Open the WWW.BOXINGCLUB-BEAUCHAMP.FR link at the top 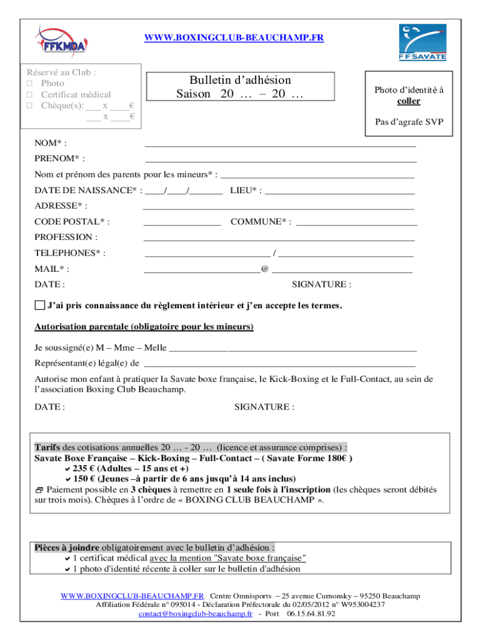click(234, 38)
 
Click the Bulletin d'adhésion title click(241, 80)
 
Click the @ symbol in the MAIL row click(265, 269)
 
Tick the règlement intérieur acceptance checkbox click(39, 306)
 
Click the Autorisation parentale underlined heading click(144, 327)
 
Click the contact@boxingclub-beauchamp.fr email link click(195, 614)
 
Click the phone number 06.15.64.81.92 click(311, 614)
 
